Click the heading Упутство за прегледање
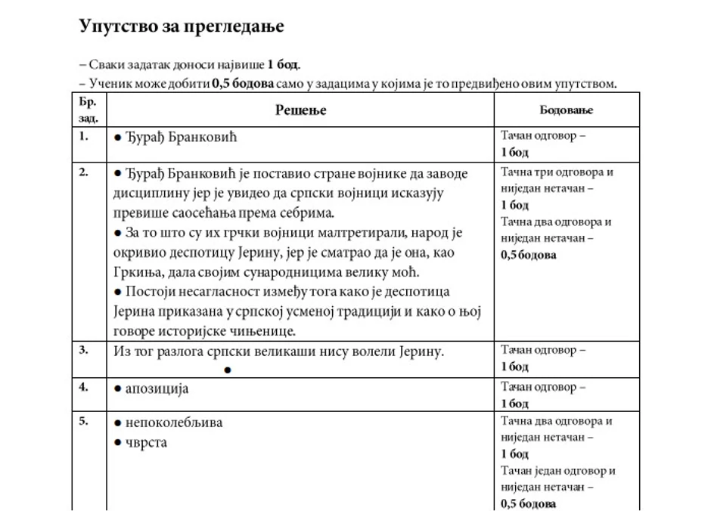pyautogui.click(x=181, y=26)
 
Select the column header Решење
pyautogui.click(x=300, y=110)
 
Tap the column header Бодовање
pyautogui.click(x=566, y=110)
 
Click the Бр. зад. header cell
pyautogui.click(x=88, y=110)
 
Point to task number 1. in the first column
pyautogui.click(x=84, y=137)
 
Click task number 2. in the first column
pyautogui.click(x=84, y=172)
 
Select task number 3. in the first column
pyautogui.click(x=84, y=350)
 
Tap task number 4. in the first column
pyautogui.click(x=84, y=386)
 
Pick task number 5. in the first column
pyautogui.click(x=84, y=421)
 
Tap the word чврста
pyautogui.click(x=146, y=442)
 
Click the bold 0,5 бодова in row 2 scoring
pyautogui.click(x=529, y=255)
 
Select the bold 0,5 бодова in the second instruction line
pyautogui.click(x=243, y=83)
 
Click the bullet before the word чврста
pyautogui.click(x=117, y=443)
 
